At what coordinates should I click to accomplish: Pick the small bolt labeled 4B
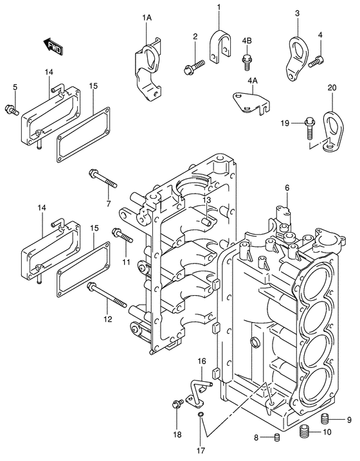pyautogui.click(x=246, y=62)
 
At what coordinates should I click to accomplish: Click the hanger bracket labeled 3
pyautogui.click(x=297, y=56)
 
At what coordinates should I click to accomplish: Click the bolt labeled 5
pyautogui.click(x=11, y=110)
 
